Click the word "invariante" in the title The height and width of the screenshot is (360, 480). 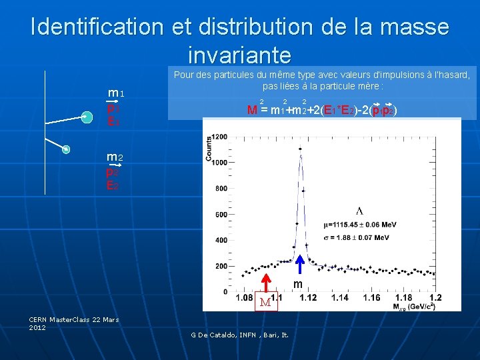click(240, 54)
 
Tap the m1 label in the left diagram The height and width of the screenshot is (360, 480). click(117, 93)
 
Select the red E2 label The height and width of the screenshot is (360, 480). click(112, 185)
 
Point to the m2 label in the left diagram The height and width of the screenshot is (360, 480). click(114, 157)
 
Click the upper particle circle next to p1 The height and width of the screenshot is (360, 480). click(87, 117)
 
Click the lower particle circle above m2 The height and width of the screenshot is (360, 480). click(66, 149)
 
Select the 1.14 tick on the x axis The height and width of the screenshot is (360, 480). click(340, 298)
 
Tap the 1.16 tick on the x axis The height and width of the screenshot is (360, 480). click(372, 298)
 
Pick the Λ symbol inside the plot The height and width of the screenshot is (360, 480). click(359, 211)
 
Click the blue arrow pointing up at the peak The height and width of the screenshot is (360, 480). click(300, 265)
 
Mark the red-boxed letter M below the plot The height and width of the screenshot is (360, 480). click(265, 302)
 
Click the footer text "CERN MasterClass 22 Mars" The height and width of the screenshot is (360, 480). click(74, 319)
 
